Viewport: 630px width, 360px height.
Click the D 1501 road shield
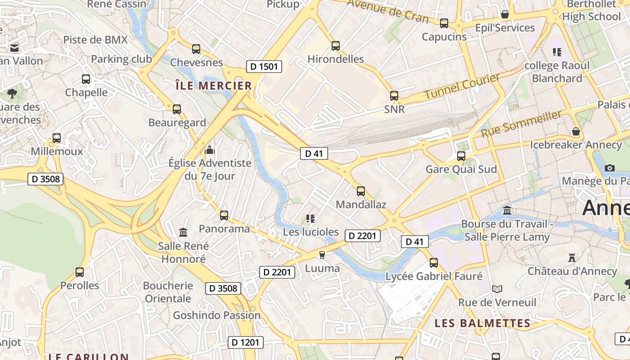tap(264, 67)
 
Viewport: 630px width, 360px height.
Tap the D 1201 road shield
tap(245, 342)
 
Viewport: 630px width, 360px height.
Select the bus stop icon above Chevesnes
tap(196, 49)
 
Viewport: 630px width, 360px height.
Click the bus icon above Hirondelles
tap(336, 45)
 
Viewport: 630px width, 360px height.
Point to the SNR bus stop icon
tap(394, 95)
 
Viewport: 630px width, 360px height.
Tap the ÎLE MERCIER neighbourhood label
tap(213, 85)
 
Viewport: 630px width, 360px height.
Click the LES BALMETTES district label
tap(482, 323)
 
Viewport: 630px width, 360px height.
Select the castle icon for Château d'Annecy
tap(572, 258)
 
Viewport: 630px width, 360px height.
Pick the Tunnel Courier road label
tap(462, 86)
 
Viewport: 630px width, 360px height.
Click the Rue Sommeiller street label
tap(522, 124)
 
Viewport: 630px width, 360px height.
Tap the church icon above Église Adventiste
tap(210, 149)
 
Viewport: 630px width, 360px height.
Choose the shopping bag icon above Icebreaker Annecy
tap(576, 131)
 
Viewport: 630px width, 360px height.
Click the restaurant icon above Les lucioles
tap(310, 219)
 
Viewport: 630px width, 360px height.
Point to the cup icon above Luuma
tap(322, 255)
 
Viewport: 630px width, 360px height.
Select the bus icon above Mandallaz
tap(361, 191)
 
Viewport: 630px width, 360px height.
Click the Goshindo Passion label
tap(216, 315)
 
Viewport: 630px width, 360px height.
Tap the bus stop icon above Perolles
tap(80, 272)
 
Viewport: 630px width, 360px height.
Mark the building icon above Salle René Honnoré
tap(183, 232)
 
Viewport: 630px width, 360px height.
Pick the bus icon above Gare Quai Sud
tap(461, 156)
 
